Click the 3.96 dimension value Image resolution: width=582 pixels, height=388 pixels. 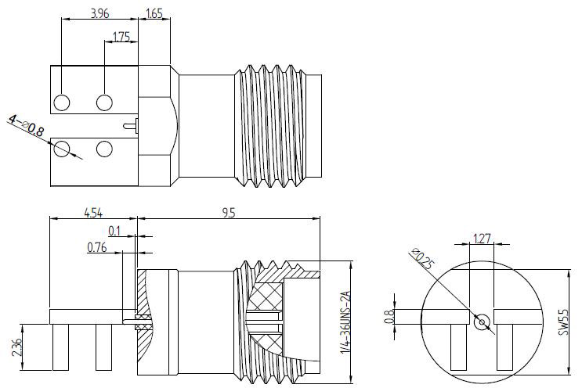[99, 13]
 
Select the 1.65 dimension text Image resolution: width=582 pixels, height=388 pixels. [154, 13]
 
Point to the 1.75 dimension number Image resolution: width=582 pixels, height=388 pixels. [121, 37]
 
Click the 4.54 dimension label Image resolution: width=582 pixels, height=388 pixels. [93, 212]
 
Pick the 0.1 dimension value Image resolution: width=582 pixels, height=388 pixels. [115, 231]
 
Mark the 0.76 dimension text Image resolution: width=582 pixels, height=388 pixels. [98, 248]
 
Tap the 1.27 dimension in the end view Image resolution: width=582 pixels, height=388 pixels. [481, 239]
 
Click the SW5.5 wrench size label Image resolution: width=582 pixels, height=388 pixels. [562, 320]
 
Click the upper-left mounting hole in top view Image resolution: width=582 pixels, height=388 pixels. [63, 102]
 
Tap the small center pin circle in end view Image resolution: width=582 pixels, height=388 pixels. [481, 320]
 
